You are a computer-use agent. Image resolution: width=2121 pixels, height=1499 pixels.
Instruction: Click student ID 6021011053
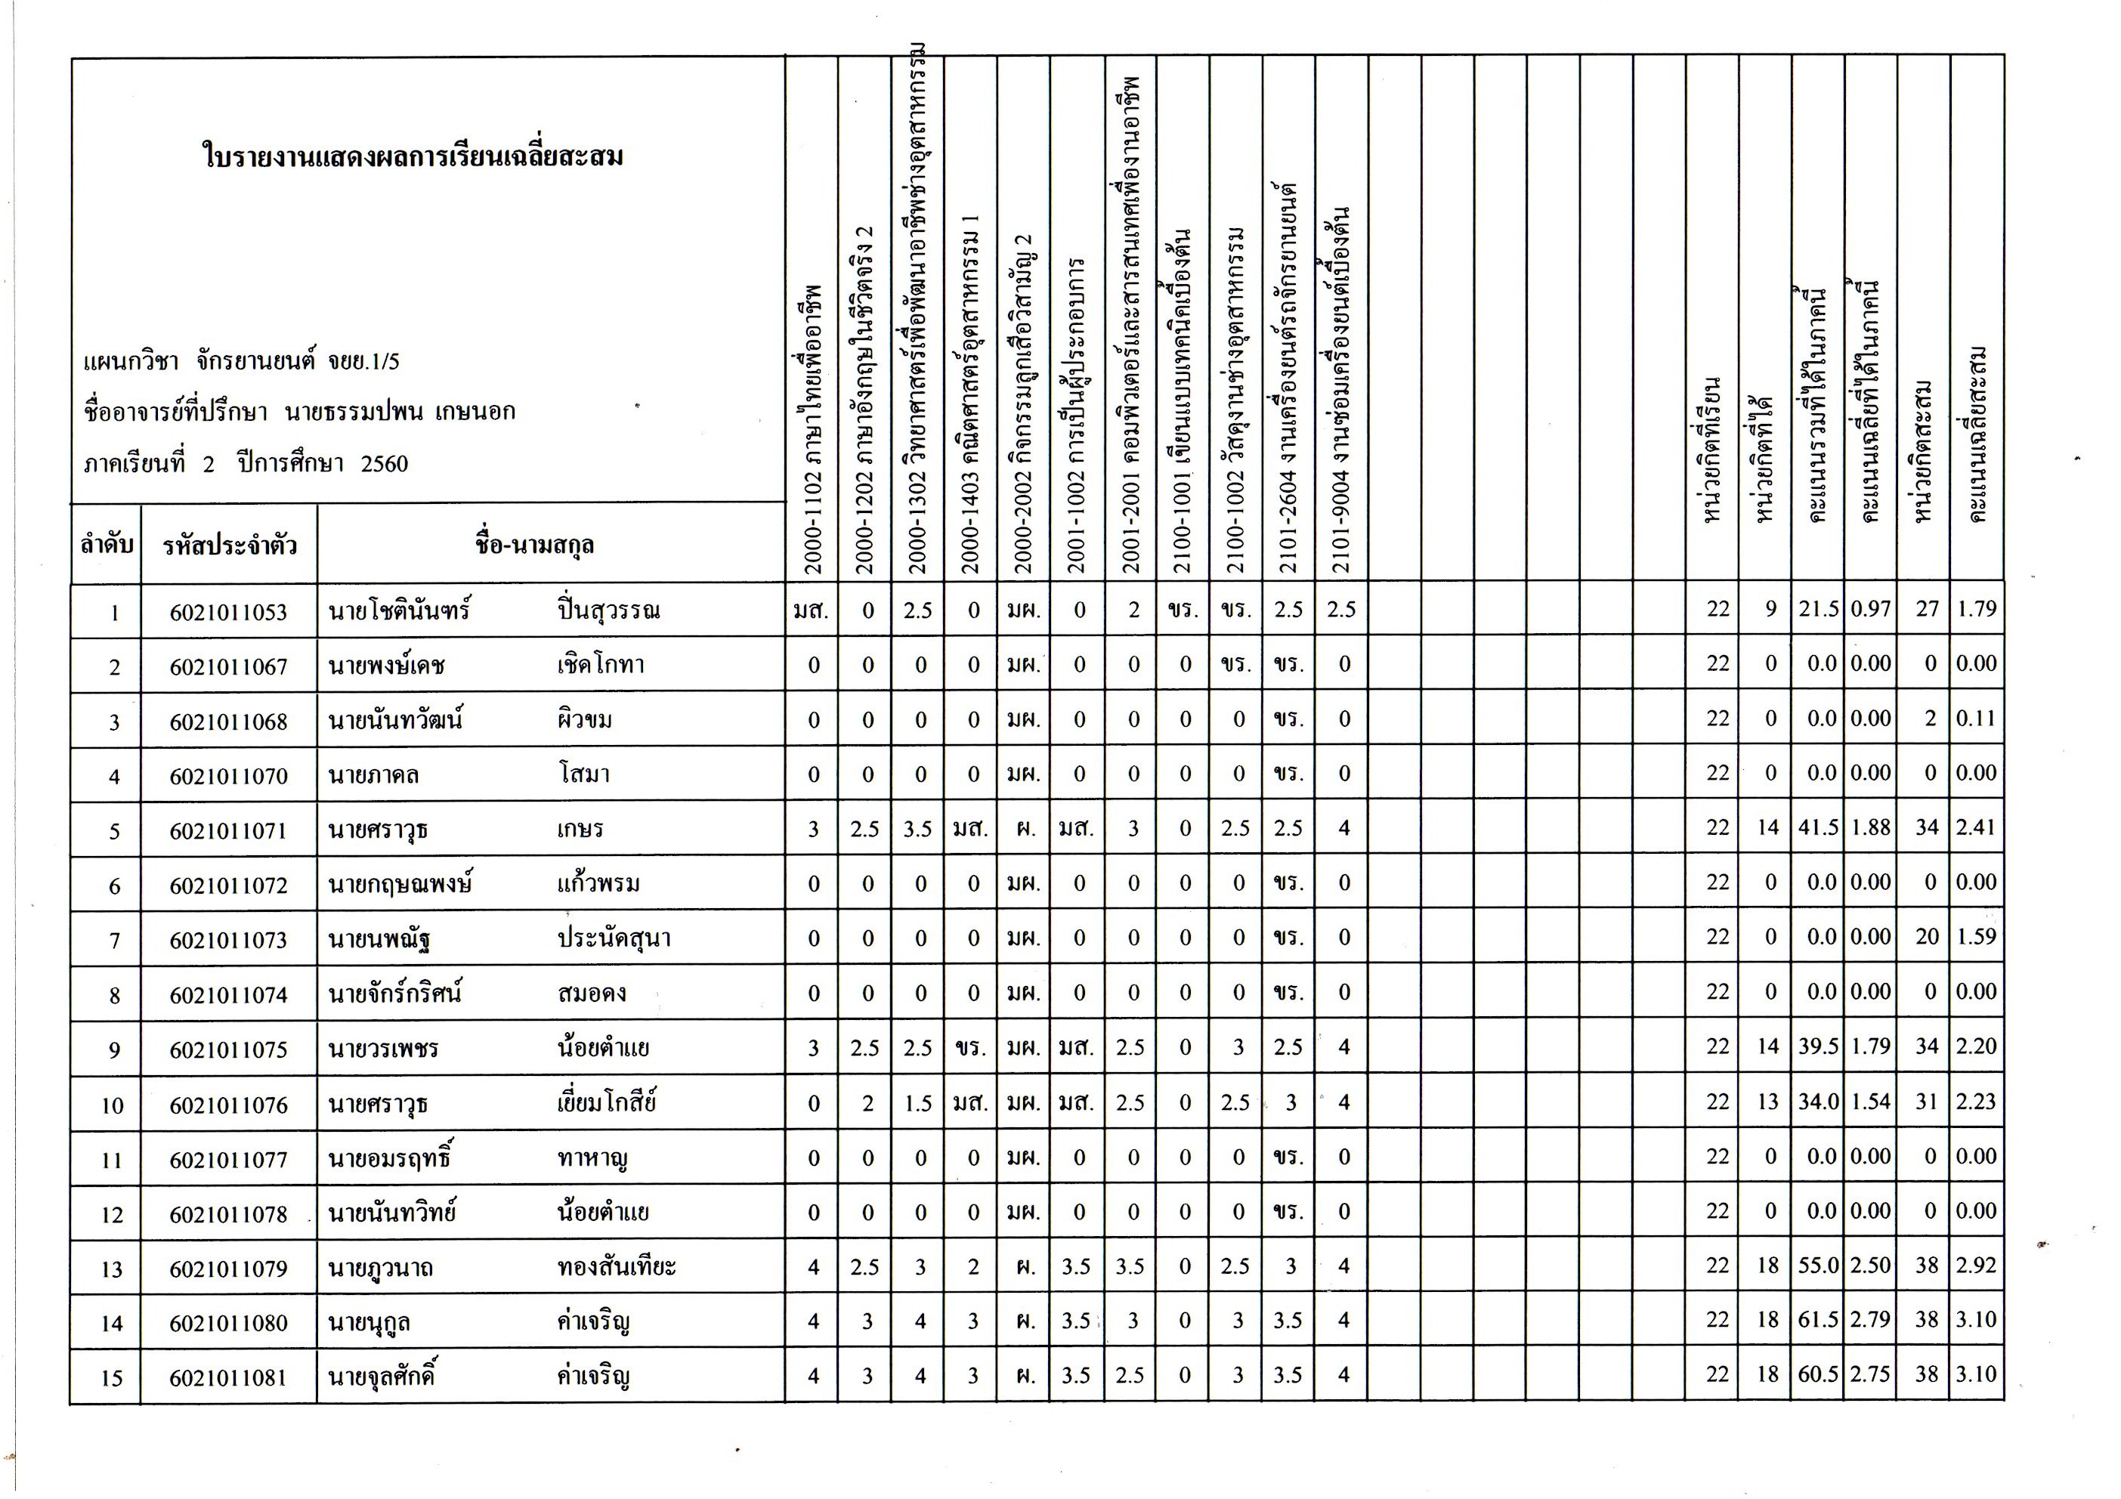coord(228,612)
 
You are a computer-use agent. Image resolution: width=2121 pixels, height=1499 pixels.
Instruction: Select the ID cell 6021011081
coord(228,1378)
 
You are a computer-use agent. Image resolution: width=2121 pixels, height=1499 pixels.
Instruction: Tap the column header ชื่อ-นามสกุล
coord(534,545)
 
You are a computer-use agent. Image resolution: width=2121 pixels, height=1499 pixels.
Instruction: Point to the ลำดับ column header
coord(107,545)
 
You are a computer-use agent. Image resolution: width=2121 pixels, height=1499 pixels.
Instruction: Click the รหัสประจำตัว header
coord(230,546)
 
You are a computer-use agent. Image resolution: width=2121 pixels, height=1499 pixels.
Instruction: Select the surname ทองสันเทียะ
coord(616,1266)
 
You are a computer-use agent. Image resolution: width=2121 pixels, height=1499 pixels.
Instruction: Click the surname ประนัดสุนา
coord(614,938)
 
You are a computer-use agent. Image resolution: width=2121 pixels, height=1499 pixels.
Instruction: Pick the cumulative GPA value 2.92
coord(1976,1266)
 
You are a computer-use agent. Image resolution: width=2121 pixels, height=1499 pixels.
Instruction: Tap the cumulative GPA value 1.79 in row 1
coord(1976,609)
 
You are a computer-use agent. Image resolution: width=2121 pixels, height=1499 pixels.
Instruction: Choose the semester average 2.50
coord(1871,1266)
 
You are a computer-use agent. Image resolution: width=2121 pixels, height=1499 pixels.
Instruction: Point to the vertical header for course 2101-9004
coord(1342,388)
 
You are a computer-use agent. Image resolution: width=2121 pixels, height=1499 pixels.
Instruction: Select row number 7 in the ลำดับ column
coord(115,940)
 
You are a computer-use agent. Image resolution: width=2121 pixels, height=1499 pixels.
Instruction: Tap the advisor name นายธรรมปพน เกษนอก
coord(400,412)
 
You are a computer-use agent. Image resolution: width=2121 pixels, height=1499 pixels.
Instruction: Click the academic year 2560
coord(385,464)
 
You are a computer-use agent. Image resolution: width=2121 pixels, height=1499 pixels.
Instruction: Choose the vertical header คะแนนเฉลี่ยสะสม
coord(1977,434)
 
